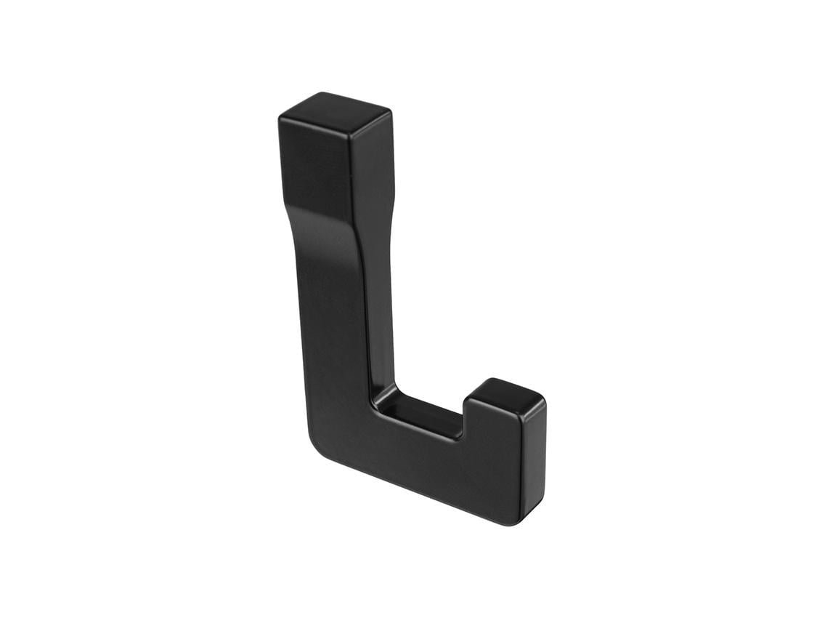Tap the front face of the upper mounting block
pyautogui.click(x=314, y=167)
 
